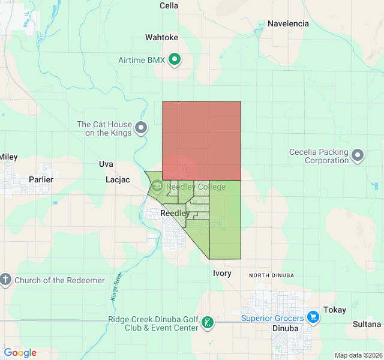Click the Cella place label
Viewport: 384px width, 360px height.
(169, 5)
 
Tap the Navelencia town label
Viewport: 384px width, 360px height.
(288, 23)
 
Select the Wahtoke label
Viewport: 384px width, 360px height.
(161, 37)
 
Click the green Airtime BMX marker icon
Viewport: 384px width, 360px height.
(175, 59)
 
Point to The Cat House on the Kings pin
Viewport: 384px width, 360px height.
(141, 127)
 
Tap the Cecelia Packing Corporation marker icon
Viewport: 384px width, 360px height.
(358, 155)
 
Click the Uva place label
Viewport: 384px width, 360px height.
(106, 164)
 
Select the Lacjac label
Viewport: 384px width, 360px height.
(118, 179)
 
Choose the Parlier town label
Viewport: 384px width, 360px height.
(41, 179)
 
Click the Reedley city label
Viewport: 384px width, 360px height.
(175, 213)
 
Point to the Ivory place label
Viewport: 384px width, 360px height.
(222, 273)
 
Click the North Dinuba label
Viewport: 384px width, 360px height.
(272, 275)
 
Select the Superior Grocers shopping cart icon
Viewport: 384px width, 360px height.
(313, 316)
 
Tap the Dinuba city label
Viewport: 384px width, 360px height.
(285, 328)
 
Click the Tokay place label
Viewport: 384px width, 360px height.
(335, 310)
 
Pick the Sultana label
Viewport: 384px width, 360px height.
(367, 324)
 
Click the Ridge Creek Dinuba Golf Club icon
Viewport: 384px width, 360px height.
(207, 323)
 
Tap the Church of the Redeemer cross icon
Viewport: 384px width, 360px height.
(5, 280)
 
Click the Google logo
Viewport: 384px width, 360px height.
(20, 353)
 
